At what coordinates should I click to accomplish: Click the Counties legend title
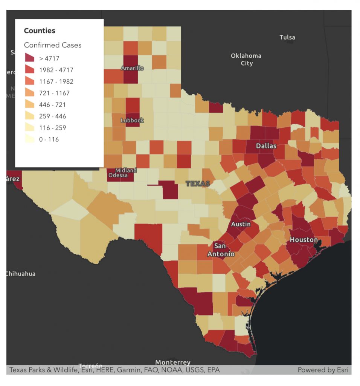[x=40, y=31]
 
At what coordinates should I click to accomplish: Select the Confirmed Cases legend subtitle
[x=53, y=45]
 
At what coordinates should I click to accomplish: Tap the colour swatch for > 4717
[x=29, y=58]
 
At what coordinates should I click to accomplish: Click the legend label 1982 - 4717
[x=56, y=70]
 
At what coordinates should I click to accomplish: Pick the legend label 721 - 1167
[x=54, y=93]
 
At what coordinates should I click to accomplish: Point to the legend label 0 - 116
[x=49, y=139]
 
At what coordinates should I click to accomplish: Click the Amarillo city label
[x=132, y=68]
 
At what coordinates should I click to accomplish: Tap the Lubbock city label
[x=132, y=121]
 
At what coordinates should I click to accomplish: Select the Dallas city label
[x=266, y=146]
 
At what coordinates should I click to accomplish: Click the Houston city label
[x=304, y=240]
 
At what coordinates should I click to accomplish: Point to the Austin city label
[x=241, y=224]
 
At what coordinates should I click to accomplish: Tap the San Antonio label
[x=221, y=250]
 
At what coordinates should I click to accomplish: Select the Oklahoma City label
[x=246, y=60]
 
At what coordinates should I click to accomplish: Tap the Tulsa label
[x=287, y=37]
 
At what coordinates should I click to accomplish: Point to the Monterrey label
[x=173, y=363]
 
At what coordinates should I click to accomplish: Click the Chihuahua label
[x=21, y=274]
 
